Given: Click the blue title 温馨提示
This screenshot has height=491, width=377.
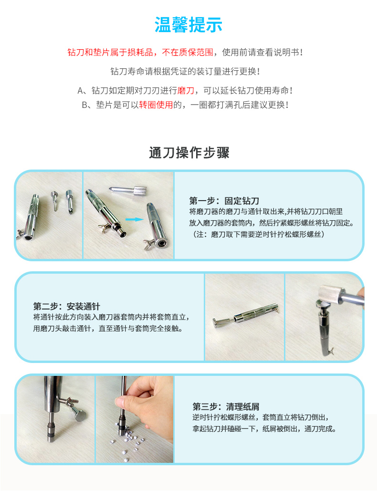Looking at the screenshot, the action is pos(188,25).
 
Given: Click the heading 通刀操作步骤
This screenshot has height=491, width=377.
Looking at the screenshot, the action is pos(189,153).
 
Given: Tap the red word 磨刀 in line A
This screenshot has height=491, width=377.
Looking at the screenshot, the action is pos(186,90).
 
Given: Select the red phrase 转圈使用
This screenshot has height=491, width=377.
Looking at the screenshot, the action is pos(156,105).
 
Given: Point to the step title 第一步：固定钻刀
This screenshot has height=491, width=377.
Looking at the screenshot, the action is pos(224,201).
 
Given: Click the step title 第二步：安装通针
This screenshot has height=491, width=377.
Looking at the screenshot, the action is pos(67,306).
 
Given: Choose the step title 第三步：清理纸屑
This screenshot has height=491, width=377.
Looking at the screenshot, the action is pos(226,407).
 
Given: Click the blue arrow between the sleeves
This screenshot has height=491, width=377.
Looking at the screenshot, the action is pos(135,219).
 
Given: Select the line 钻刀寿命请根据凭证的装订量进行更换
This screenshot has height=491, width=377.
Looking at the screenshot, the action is pos(185,71).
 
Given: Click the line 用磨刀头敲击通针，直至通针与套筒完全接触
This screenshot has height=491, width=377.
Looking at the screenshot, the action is pos(108,329).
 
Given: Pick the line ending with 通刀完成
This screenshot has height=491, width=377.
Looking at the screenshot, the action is pos(264,429).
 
